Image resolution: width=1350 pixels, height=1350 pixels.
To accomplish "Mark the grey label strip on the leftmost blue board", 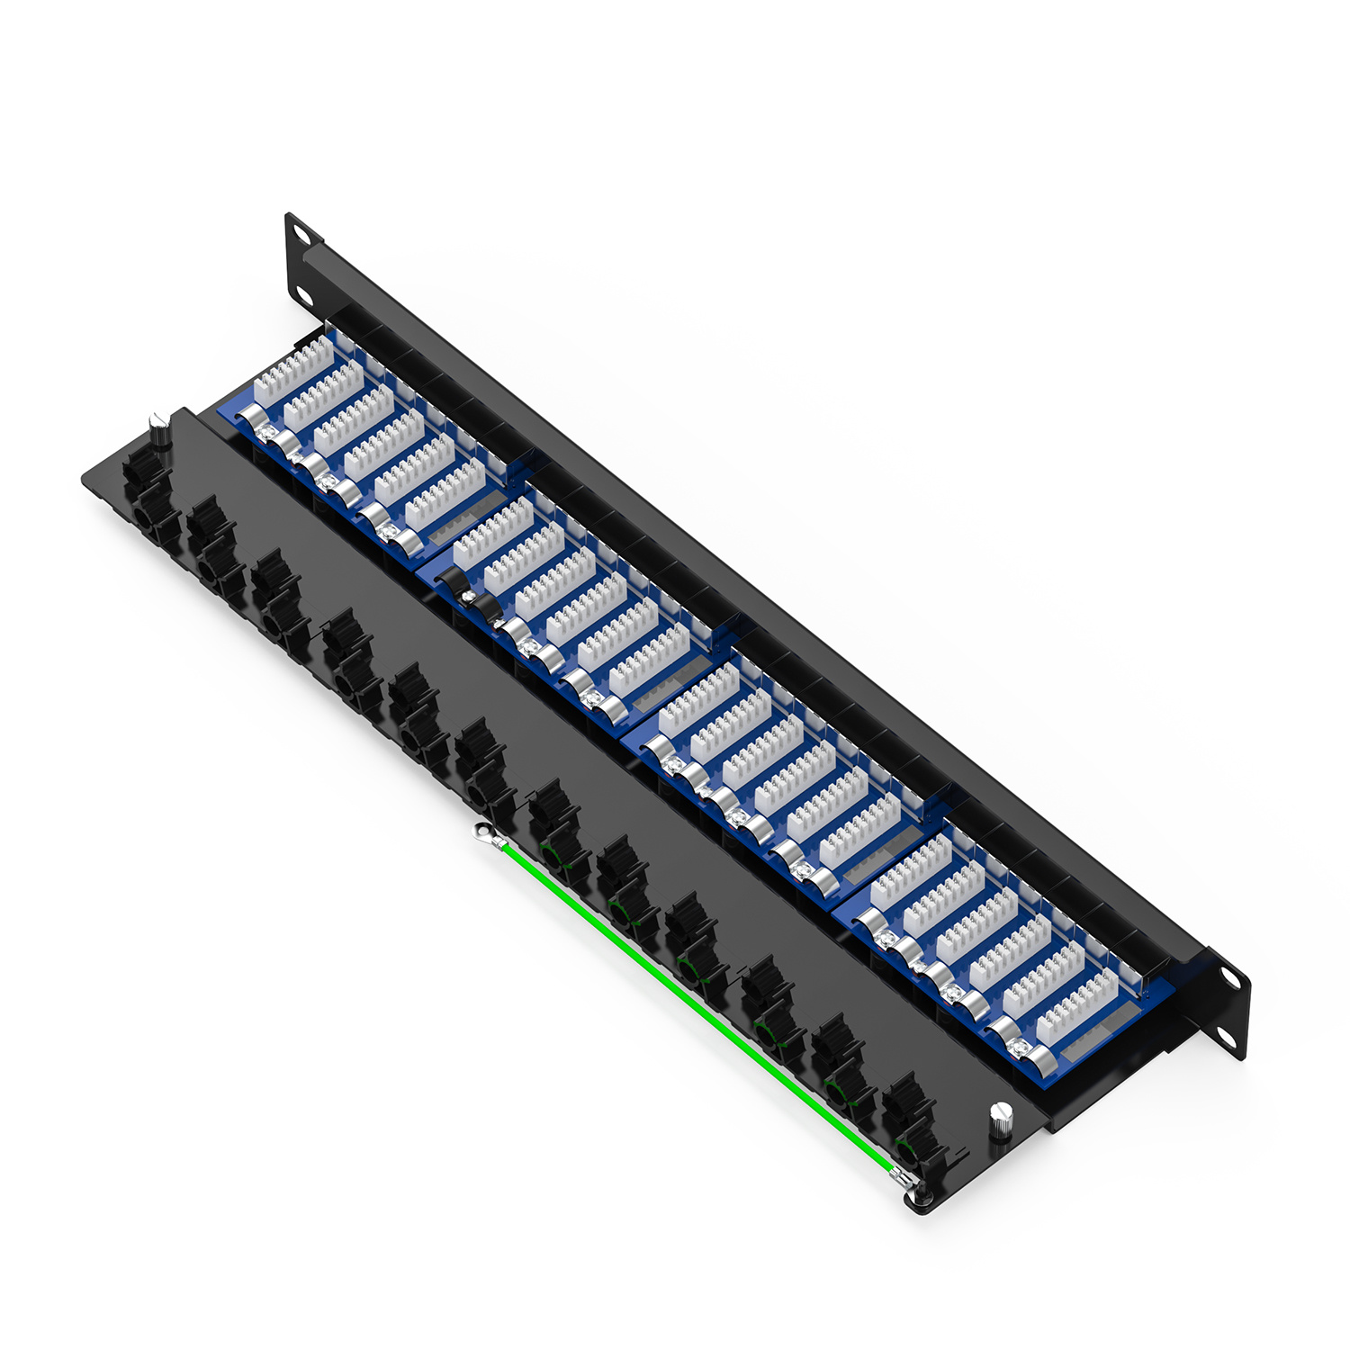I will coord(463,522).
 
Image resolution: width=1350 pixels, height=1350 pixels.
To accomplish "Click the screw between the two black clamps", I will coord(469,595).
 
